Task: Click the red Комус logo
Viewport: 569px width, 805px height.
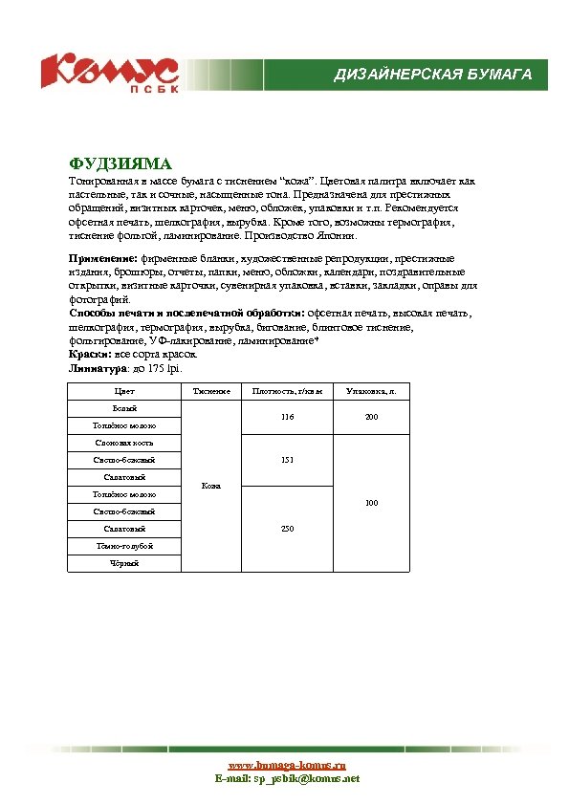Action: tap(108, 72)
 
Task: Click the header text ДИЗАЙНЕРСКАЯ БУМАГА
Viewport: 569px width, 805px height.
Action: tap(432, 76)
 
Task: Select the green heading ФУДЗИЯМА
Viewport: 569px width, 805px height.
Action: tap(120, 164)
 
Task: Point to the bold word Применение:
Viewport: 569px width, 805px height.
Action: tap(104, 258)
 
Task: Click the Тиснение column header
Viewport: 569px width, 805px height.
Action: tap(211, 392)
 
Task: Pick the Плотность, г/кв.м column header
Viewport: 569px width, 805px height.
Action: tap(288, 392)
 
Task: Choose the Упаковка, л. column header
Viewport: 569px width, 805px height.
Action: tap(372, 392)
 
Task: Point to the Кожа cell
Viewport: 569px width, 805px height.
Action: tap(211, 487)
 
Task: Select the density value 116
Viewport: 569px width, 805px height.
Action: tap(288, 418)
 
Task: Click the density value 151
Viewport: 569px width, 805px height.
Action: tap(288, 460)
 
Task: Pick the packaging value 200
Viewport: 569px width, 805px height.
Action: tap(372, 418)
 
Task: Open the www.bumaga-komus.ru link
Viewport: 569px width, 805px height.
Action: tap(287, 766)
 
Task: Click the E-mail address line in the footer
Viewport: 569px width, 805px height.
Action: tap(287, 779)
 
